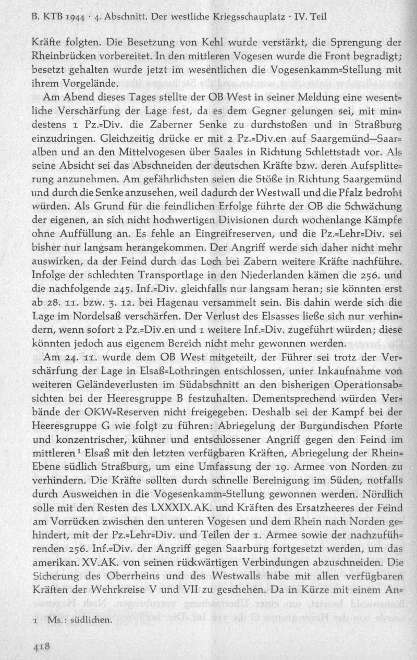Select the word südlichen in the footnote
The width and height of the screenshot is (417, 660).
click(93, 620)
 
